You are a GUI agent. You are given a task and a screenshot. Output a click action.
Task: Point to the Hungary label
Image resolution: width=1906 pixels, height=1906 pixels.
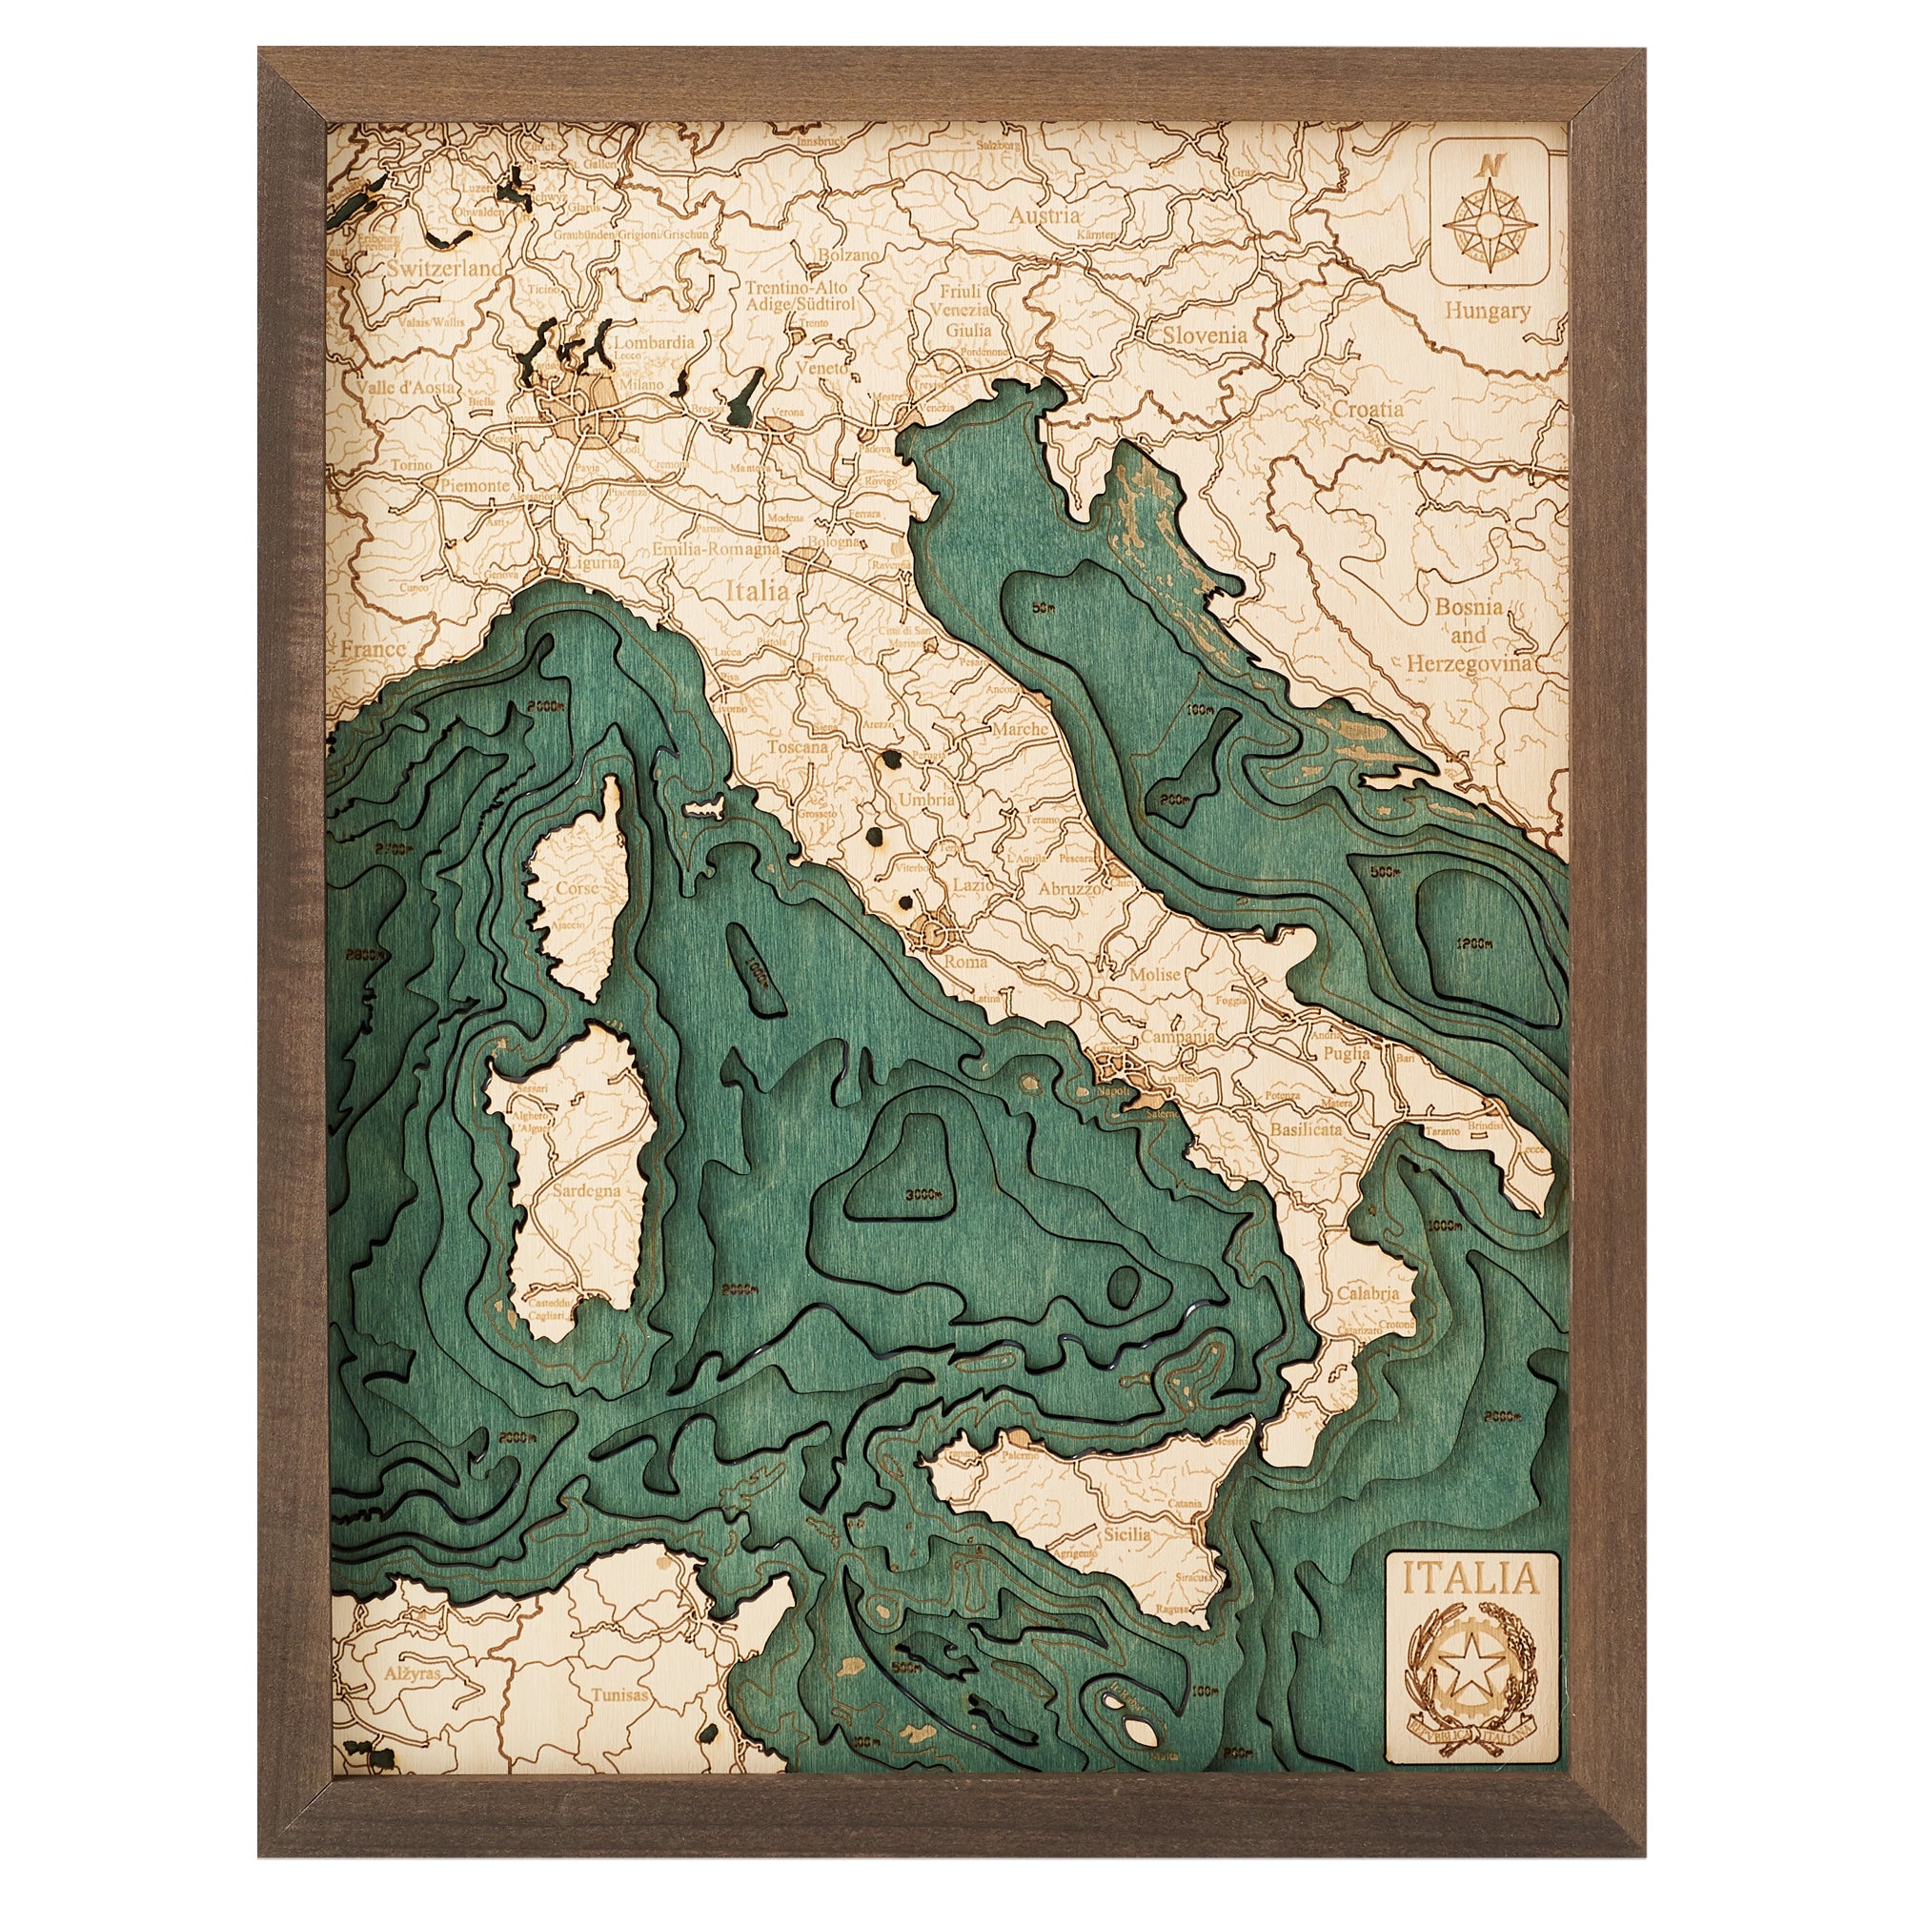[1488, 311]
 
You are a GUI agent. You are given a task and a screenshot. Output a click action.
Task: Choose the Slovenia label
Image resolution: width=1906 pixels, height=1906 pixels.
[1204, 335]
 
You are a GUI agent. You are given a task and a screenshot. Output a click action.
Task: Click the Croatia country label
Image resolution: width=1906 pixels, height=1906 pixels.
[1367, 409]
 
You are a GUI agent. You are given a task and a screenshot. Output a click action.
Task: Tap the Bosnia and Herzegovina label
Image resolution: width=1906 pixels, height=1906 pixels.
[1468, 637]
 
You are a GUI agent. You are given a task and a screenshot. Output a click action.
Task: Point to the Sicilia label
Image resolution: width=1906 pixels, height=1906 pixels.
[1126, 1534]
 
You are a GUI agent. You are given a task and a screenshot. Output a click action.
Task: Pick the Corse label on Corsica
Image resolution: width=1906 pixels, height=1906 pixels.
[578, 888]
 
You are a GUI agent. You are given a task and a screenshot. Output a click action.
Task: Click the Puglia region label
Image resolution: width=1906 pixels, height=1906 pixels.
[1348, 1054]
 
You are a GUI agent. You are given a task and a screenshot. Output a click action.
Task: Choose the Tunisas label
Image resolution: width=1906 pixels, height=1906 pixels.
[620, 1694]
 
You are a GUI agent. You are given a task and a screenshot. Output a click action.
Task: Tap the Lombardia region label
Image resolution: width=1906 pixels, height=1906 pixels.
[655, 341]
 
